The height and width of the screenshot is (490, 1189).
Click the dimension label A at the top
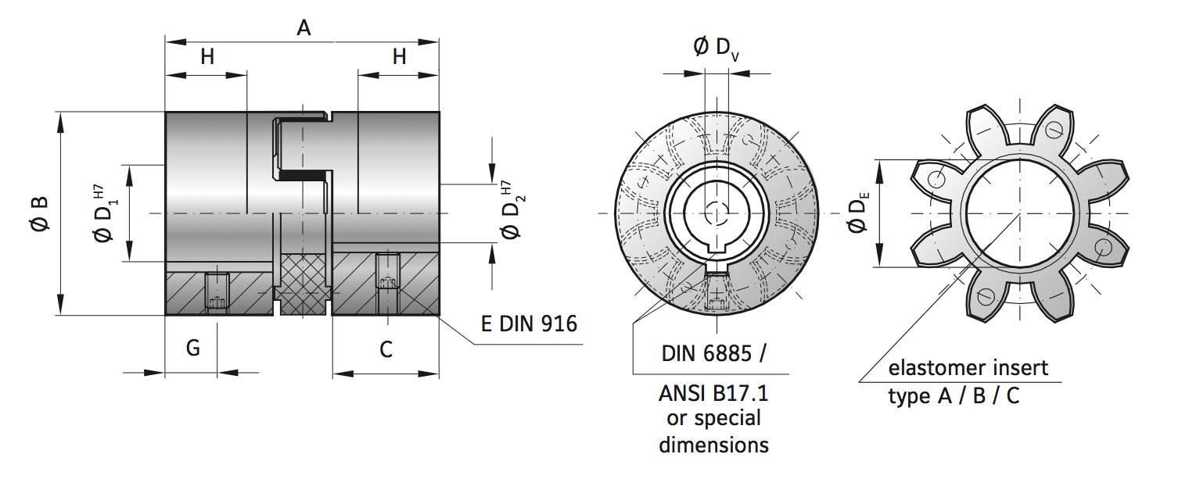click(304, 28)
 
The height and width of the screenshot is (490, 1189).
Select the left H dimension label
click(207, 56)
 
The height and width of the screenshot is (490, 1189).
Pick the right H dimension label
click(400, 56)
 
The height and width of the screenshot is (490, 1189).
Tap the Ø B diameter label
click(40, 213)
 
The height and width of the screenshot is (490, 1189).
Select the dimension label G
click(192, 349)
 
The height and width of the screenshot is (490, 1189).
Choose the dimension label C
click(386, 349)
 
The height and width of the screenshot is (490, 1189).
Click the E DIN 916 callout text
click(529, 324)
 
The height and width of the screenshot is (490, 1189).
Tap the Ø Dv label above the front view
click(716, 48)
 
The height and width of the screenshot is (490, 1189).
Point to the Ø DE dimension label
click(858, 213)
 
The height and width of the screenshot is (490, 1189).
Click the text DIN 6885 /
click(713, 353)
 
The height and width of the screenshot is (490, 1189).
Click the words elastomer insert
click(968, 367)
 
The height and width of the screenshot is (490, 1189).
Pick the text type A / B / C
click(954, 396)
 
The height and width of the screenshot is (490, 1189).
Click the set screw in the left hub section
click(217, 291)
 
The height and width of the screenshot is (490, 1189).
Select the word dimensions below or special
click(713, 445)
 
